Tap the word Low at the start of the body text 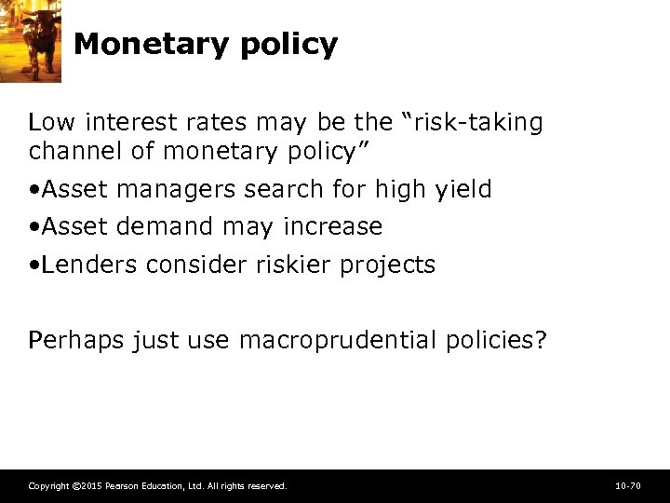48,122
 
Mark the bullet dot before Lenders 33,265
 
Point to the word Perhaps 76,341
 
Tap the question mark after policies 541,340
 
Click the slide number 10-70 628,486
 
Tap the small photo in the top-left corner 30,41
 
